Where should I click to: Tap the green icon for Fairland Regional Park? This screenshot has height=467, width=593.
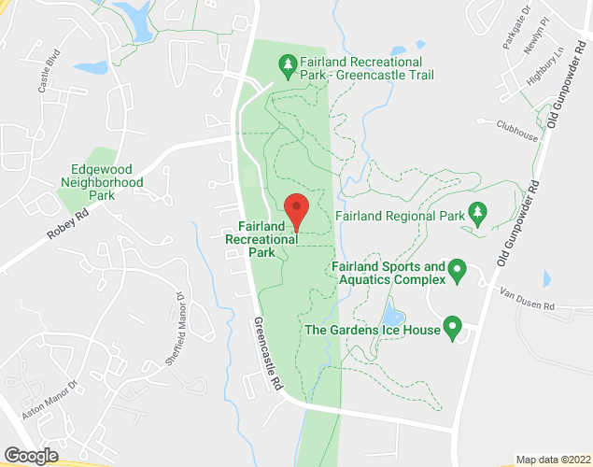tap(478, 215)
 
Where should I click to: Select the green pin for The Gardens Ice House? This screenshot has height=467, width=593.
tap(453, 328)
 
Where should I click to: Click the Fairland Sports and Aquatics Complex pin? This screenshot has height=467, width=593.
tap(457, 271)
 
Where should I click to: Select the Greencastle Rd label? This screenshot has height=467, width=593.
tap(267, 354)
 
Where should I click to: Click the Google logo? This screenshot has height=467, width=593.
tap(31, 455)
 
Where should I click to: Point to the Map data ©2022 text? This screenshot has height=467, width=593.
tap(553, 460)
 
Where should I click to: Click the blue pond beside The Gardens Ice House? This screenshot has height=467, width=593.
tap(393, 317)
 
